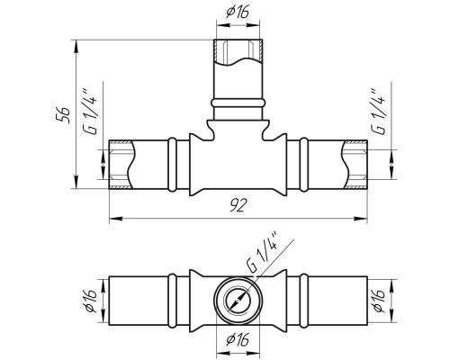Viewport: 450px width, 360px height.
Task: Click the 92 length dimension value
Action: click(238, 205)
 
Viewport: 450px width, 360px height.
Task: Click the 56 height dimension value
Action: click(64, 115)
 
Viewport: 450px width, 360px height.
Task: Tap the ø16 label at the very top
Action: click(238, 13)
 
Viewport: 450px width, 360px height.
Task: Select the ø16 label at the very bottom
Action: click(238, 339)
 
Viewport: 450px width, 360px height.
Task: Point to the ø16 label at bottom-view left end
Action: click(90, 301)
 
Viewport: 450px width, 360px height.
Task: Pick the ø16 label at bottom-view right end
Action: click(379, 301)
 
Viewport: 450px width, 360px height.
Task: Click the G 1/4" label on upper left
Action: click(90, 112)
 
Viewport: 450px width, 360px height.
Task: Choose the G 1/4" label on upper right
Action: click(378, 112)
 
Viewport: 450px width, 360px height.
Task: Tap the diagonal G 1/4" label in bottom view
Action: click(262, 253)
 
